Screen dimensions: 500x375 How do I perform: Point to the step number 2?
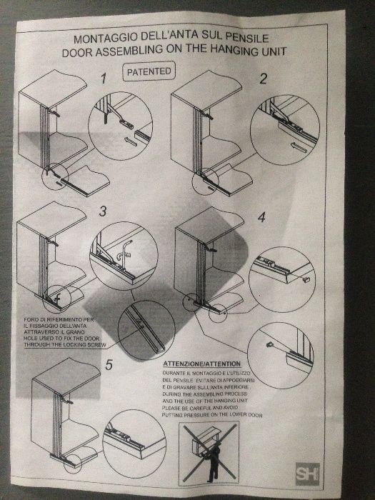point(262,79)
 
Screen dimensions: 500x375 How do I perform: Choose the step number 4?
point(261,216)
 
